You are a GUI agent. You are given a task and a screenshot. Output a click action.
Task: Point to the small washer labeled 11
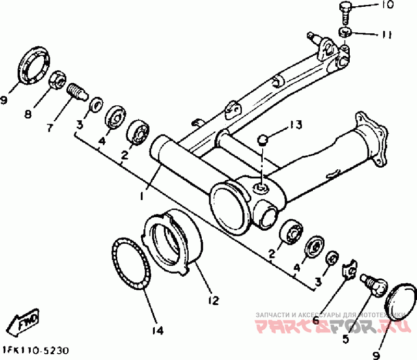coord(345,32)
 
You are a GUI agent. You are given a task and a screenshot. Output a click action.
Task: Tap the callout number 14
coord(157,330)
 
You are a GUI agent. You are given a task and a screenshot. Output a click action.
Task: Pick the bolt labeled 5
coord(373,284)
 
